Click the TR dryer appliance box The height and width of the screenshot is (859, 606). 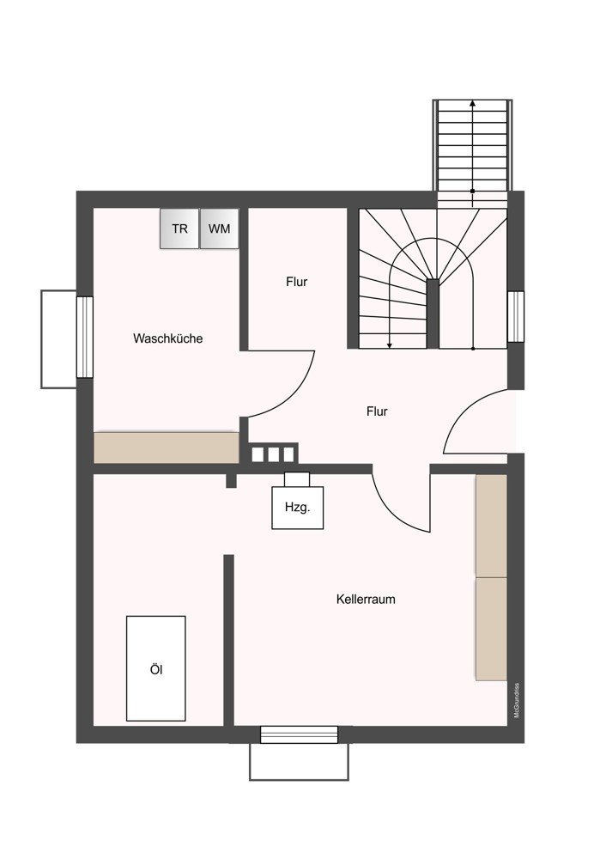pyautogui.click(x=179, y=228)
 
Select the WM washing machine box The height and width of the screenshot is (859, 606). pyautogui.click(x=219, y=228)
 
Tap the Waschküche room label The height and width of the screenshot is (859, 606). pyautogui.click(x=167, y=338)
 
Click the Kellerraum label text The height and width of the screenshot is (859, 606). pyautogui.click(x=366, y=600)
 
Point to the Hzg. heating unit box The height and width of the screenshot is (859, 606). pyautogui.click(x=297, y=508)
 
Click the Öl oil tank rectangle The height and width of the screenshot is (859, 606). pyautogui.click(x=155, y=668)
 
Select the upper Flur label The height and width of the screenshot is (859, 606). pyautogui.click(x=297, y=282)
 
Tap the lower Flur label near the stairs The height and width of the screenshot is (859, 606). pyautogui.click(x=377, y=411)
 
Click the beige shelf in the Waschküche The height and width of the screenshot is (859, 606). pyautogui.click(x=166, y=448)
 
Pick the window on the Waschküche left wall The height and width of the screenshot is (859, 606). pyautogui.click(x=85, y=337)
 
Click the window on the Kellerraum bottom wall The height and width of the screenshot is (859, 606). pyautogui.click(x=299, y=734)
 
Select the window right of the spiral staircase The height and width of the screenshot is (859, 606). pyautogui.click(x=515, y=317)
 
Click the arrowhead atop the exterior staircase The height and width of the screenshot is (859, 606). pyautogui.click(x=473, y=103)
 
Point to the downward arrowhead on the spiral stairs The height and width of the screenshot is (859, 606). pyautogui.click(x=390, y=345)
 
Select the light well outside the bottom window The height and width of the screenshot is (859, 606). pyautogui.click(x=299, y=762)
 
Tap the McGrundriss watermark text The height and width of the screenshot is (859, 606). pyautogui.click(x=516, y=699)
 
